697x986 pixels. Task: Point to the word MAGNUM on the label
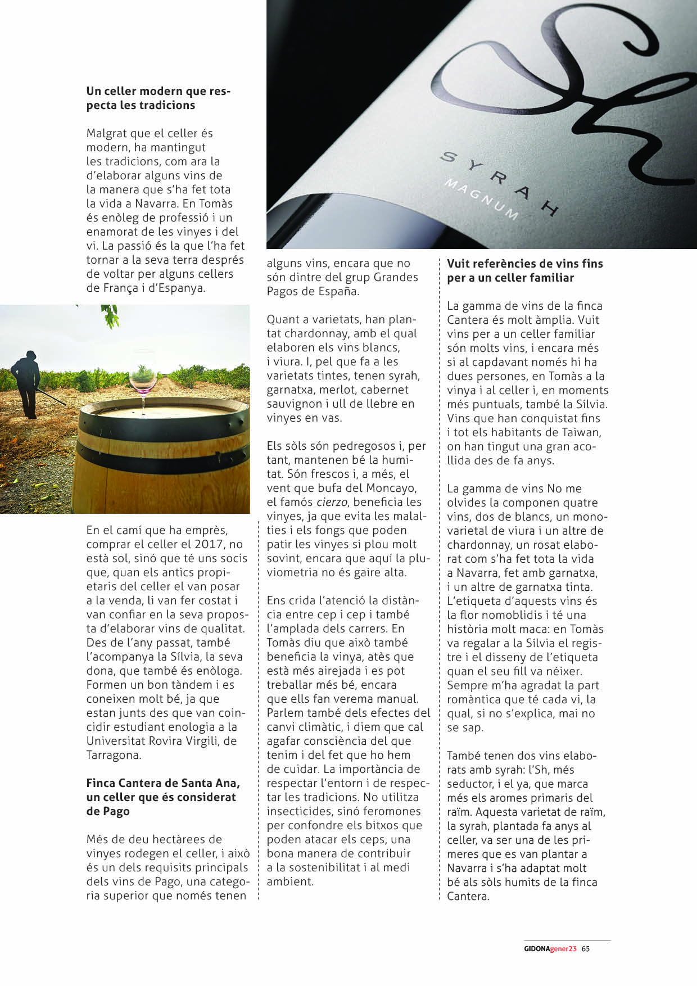pyautogui.click(x=481, y=200)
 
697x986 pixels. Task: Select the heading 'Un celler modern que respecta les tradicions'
pyautogui.click(x=158, y=98)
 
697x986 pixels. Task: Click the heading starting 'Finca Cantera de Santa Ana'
pyautogui.click(x=162, y=797)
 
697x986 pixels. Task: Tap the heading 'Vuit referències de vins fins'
pyautogui.click(x=524, y=270)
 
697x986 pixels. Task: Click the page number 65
pyautogui.click(x=586, y=948)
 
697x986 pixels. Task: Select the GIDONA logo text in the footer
pyautogui.click(x=537, y=948)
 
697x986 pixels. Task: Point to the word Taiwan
pyautogui.click(x=577, y=432)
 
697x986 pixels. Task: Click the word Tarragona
pyautogui.click(x=114, y=755)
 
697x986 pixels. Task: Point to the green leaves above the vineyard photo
pyautogui.click(x=111, y=316)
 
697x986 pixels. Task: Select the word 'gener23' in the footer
pyautogui.click(x=563, y=948)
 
